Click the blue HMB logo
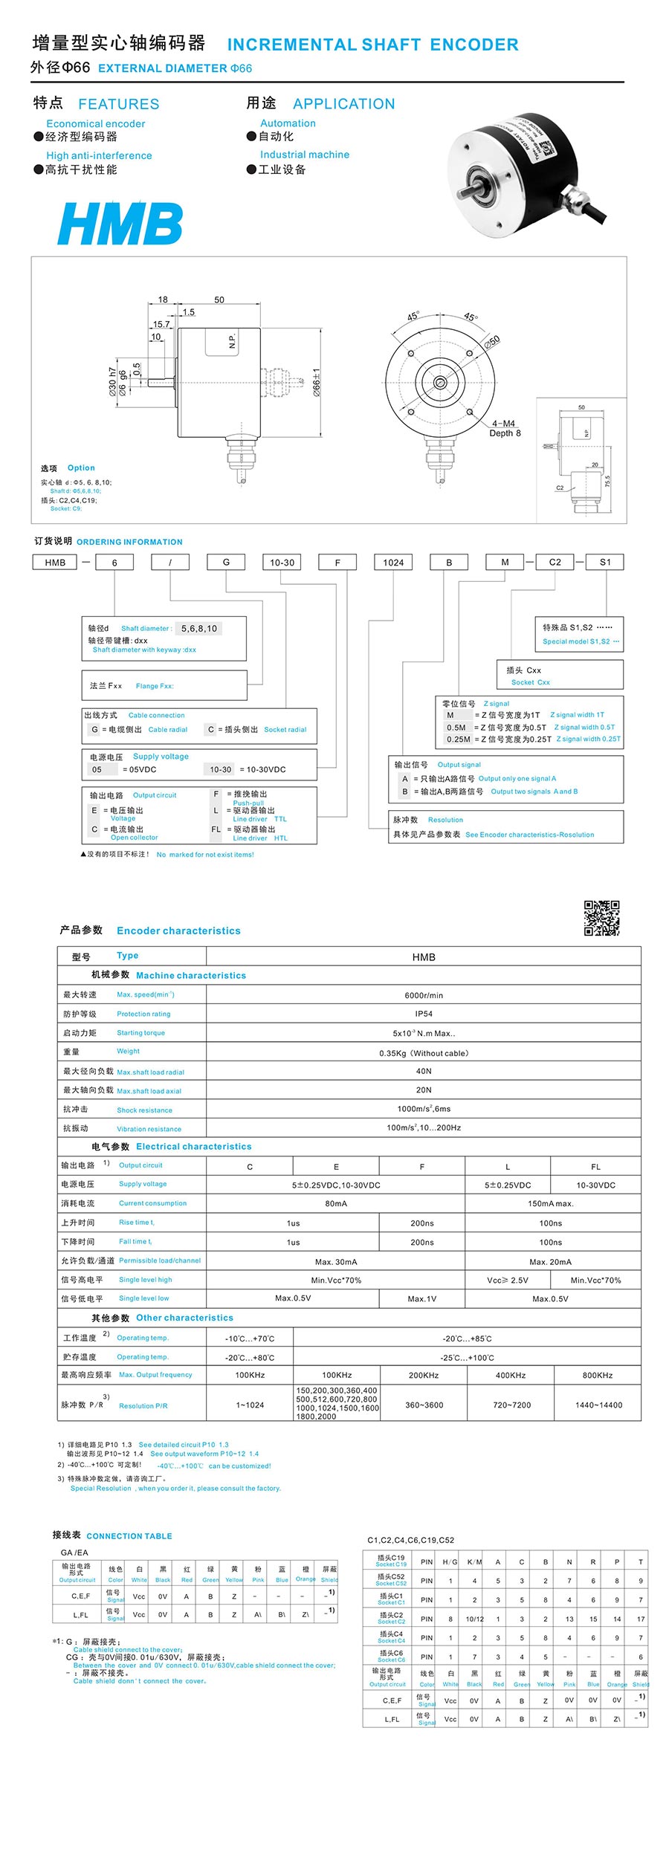120,223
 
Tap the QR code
601,918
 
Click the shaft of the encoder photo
471,183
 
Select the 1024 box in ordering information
393,563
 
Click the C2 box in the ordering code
555,562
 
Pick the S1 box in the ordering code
605,562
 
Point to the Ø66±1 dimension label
317,383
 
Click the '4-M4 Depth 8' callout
505,428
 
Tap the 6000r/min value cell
424,995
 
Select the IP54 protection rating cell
424,1014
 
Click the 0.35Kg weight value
424,1053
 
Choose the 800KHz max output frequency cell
597,1375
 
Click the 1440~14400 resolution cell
598,1405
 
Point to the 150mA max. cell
550,1203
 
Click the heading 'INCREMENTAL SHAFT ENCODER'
372,45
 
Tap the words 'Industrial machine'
304,155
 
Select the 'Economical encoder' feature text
95,123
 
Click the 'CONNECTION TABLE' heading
129,1535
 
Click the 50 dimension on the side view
219,300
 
